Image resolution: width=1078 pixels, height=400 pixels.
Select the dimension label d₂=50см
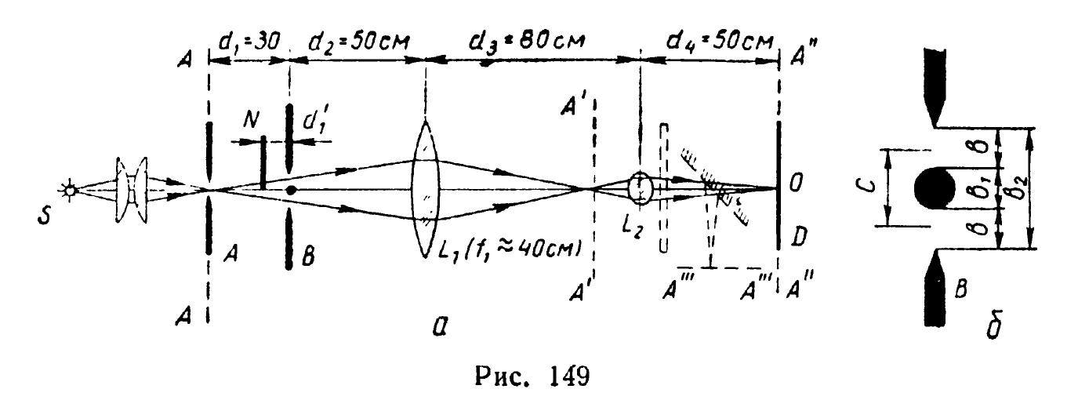click(356, 37)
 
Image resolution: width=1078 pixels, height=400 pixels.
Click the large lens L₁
click(424, 188)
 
